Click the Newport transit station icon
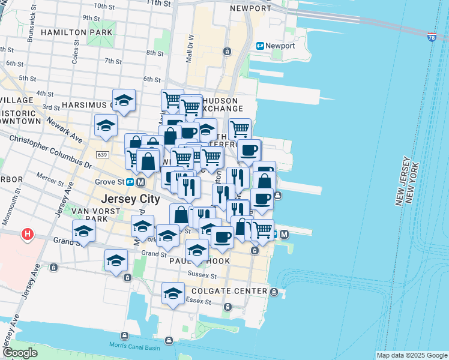261,46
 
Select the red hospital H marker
27,234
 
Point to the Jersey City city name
131,199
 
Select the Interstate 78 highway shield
432,37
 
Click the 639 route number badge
102,155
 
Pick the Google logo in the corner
20,353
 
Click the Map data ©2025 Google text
412,355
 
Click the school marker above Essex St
173,293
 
